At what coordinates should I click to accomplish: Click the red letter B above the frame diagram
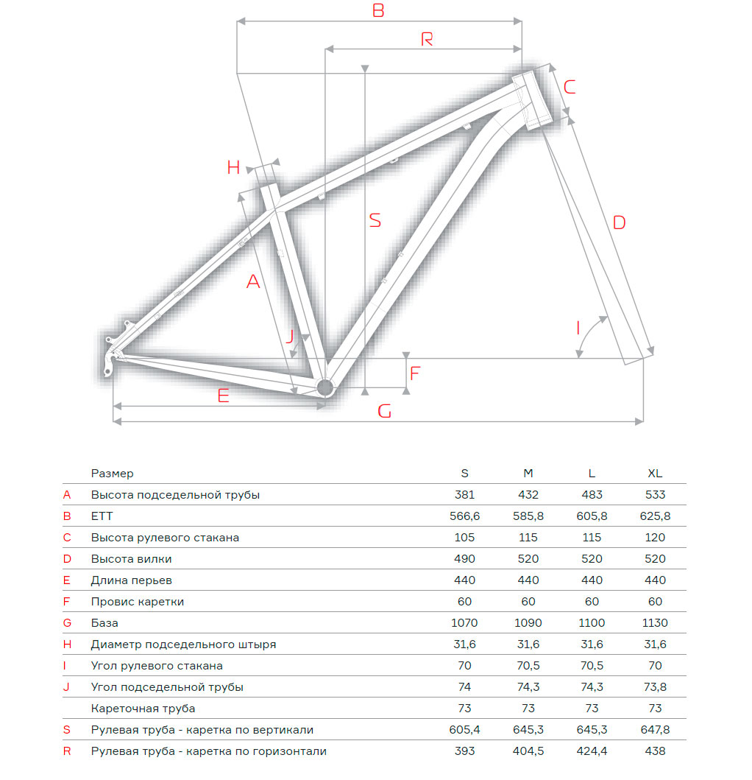[x=378, y=11]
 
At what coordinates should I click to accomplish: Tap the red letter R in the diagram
[x=427, y=39]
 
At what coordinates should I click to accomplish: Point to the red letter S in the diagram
[x=375, y=219]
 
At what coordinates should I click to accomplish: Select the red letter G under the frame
[x=384, y=411]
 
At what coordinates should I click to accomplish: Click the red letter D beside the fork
[x=619, y=222]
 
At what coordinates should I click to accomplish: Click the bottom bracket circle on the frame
[x=324, y=386]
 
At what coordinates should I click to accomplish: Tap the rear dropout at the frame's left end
[x=110, y=356]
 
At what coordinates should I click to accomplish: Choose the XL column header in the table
[x=654, y=474]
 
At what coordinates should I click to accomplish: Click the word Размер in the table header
[x=112, y=474]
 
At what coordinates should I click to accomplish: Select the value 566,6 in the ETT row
[x=464, y=516]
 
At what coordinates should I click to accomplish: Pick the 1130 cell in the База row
[x=654, y=623]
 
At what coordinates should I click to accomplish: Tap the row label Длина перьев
[x=132, y=580]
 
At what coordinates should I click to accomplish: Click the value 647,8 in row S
[x=654, y=730]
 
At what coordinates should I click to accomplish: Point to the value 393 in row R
[x=464, y=751]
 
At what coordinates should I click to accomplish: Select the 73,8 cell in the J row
[x=654, y=687]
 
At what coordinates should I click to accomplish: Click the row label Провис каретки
[x=138, y=602]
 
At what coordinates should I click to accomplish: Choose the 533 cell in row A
[x=654, y=495]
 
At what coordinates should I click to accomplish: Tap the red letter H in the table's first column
[x=67, y=644]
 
